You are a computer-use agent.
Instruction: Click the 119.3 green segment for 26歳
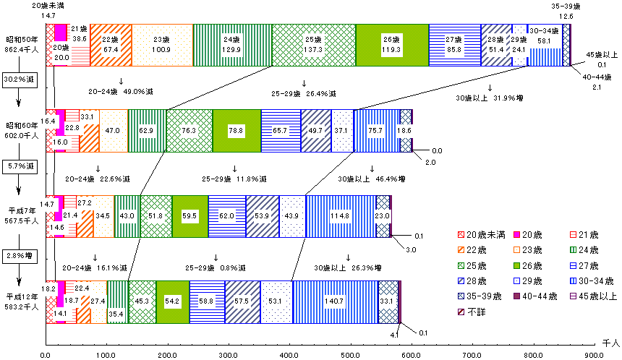click(x=392, y=45)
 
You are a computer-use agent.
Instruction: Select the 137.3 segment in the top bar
click(x=314, y=45)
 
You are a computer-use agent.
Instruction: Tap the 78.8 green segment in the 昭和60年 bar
click(x=237, y=131)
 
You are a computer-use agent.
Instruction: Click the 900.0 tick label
click(x=595, y=354)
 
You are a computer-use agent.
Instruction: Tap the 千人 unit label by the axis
click(x=610, y=340)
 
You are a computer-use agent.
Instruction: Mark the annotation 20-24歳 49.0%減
click(x=122, y=92)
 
